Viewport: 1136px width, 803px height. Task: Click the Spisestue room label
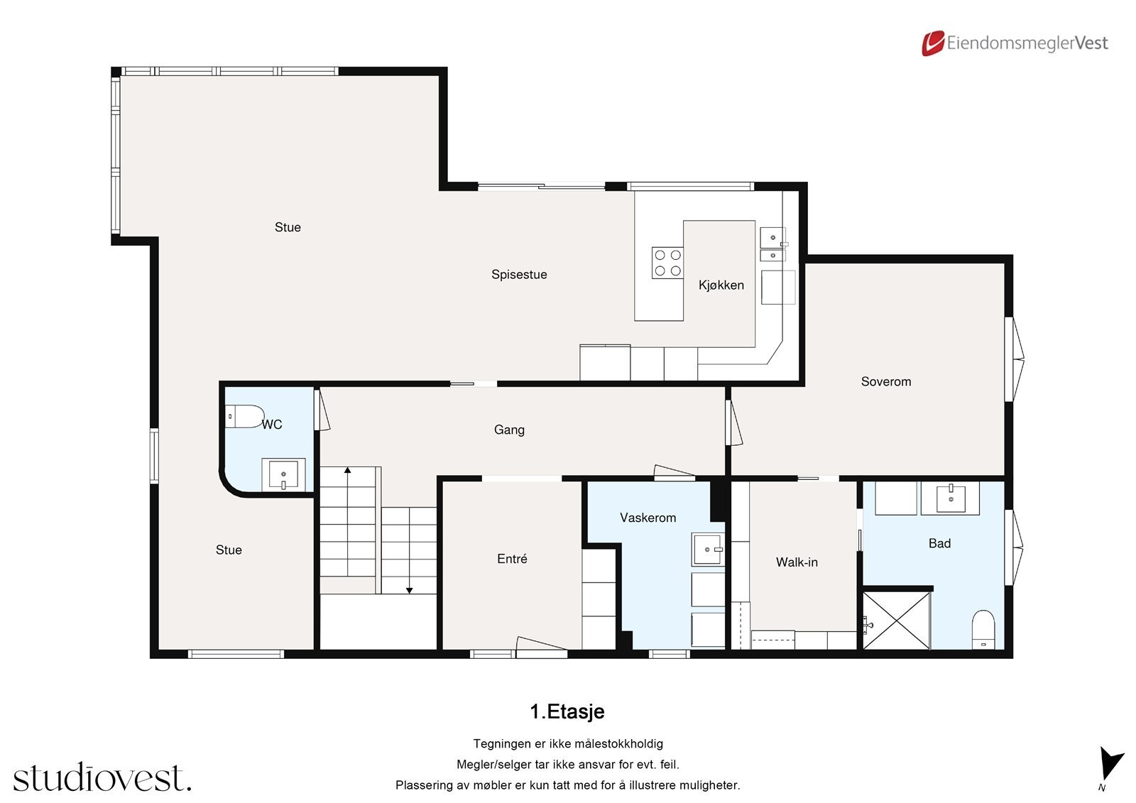[x=519, y=275]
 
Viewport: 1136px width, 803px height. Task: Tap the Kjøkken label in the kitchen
[x=721, y=285]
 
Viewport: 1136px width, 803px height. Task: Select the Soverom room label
[x=886, y=381]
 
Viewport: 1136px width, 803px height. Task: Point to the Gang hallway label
[x=509, y=430]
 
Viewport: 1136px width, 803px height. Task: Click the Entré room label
[x=512, y=559]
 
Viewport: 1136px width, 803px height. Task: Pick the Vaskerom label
[x=648, y=518]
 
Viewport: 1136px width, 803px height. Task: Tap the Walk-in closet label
[x=797, y=562]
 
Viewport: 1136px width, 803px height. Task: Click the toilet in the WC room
[x=244, y=417]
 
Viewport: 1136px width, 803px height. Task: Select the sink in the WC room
[x=283, y=475]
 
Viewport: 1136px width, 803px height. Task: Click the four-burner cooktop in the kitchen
[x=667, y=263]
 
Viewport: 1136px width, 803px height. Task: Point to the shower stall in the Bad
[x=897, y=620]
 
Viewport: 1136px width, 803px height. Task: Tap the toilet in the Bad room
[x=983, y=630]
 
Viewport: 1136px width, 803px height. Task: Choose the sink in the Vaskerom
[x=708, y=549]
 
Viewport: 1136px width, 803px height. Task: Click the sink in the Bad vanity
[x=951, y=498]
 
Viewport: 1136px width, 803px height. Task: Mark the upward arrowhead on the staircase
[x=347, y=470]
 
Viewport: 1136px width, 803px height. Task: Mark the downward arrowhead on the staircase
[x=409, y=591]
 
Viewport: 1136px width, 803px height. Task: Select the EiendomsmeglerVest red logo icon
[x=933, y=43]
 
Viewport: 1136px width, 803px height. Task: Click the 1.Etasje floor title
[x=567, y=711]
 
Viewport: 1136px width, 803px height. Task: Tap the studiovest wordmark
[x=102, y=777]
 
